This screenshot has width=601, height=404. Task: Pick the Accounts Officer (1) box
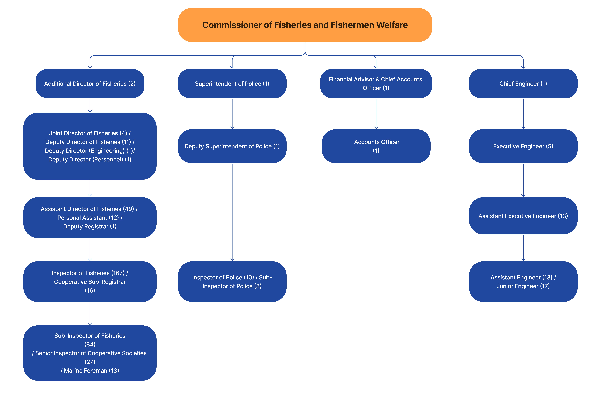pyautogui.click(x=376, y=146)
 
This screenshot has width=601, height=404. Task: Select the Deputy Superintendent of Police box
pyautogui.click(x=232, y=146)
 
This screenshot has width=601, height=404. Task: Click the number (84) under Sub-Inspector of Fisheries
pyautogui.click(x=90, y=344)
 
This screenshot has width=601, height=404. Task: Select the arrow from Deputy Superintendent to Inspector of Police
pyautogui.click(x=232, y=211)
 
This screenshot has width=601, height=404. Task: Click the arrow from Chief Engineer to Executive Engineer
pyautogui.click(x=523, y=113)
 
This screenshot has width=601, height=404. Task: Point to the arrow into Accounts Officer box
pyautogui.click(x=376, y=113)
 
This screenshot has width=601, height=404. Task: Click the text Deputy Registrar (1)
pyautogui.click(x=90, y=226)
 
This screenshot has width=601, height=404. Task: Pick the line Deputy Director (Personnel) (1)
pyautogui.click(x=90, y=159)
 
